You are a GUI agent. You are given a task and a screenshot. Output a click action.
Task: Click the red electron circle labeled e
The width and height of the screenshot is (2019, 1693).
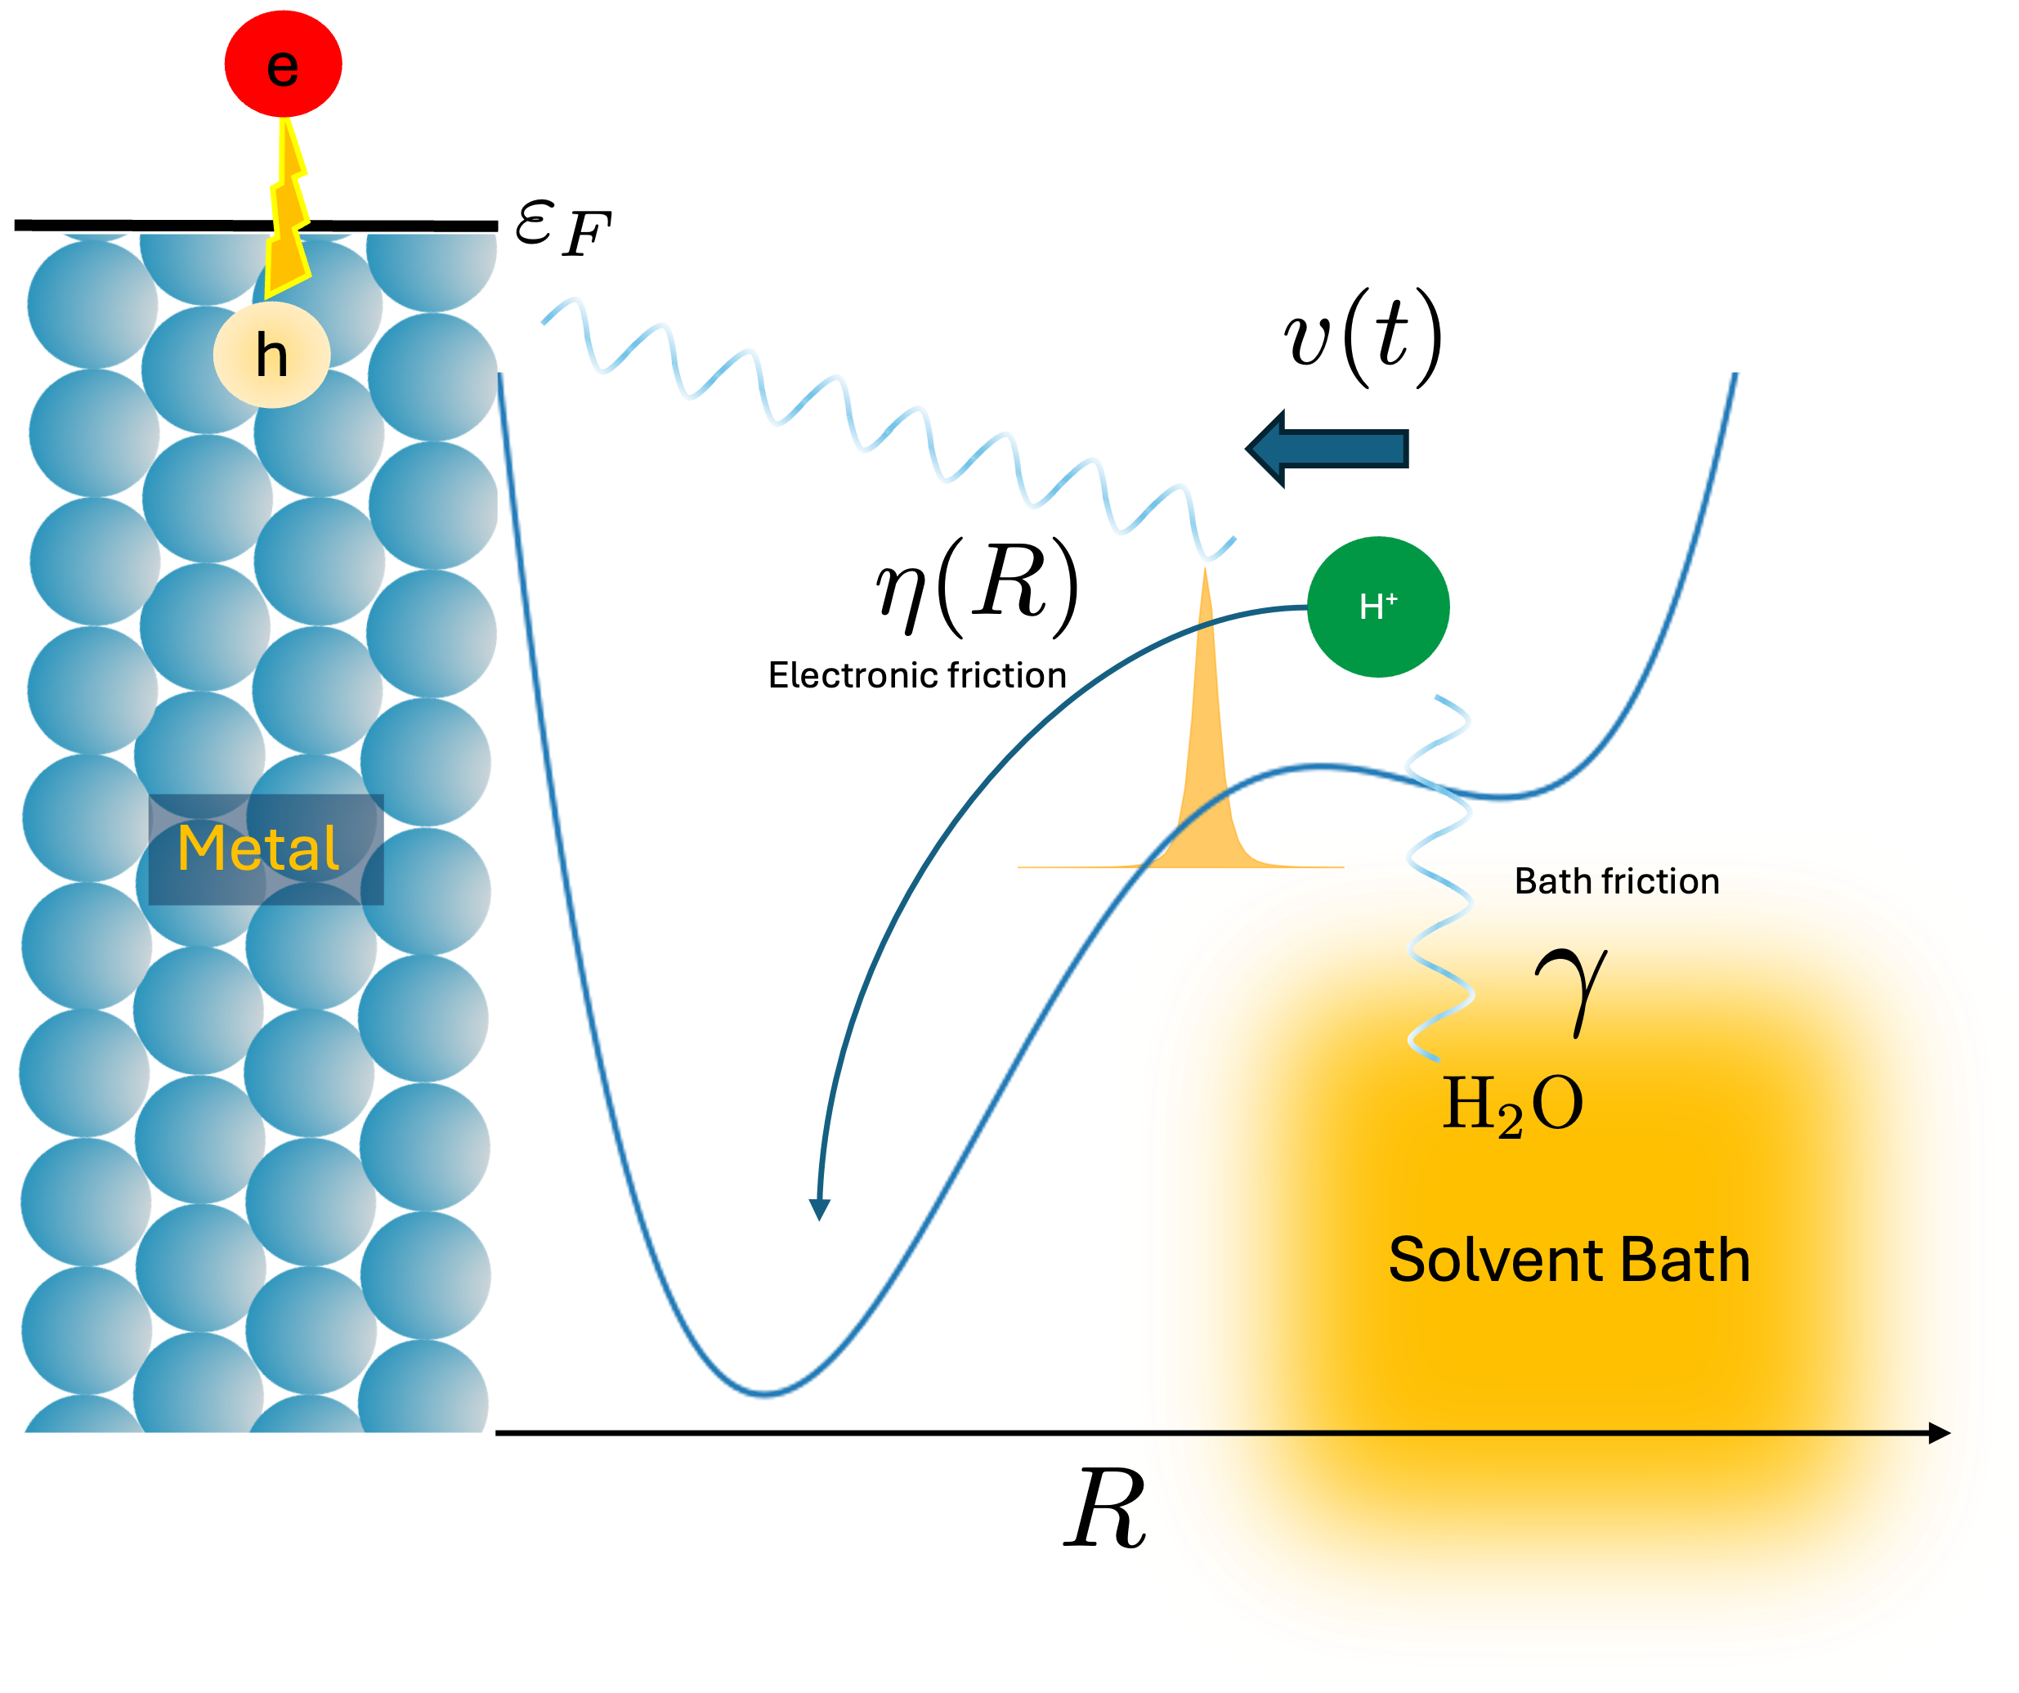click(283, 65)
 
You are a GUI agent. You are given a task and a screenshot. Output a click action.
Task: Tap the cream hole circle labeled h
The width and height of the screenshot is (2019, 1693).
click(272, 354)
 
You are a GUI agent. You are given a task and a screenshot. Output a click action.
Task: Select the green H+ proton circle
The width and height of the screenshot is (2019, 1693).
click(1377, 607)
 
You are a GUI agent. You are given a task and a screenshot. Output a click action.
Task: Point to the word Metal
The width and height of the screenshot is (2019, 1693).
click(257, 848)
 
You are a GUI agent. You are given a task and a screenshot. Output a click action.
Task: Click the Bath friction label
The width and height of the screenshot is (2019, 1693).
click(1616, 880)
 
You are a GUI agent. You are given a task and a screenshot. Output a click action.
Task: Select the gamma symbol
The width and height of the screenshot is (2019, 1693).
click(1571, 990)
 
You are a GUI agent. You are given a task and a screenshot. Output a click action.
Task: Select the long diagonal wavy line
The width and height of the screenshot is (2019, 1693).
click(884, 428)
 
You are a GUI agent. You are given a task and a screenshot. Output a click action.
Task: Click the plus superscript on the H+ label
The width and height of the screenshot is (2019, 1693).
click(1391, 598)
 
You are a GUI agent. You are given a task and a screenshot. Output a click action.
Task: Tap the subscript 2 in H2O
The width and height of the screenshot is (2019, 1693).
click(1510, 1120)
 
